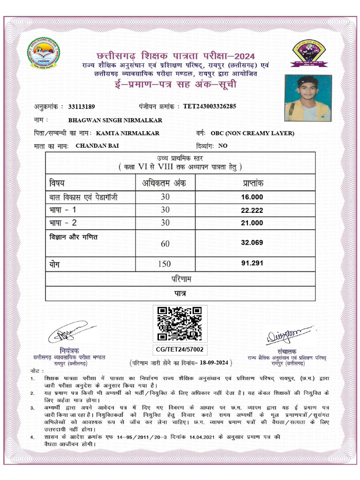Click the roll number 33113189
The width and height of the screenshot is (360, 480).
coord(82,106)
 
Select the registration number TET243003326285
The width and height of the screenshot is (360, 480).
coord(210,106)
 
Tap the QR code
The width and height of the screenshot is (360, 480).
coord(180,323)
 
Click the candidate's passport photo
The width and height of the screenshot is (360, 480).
coord(308,98)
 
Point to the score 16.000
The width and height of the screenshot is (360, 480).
coord(252,197)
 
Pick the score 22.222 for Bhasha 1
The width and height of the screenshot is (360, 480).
coord(252,210)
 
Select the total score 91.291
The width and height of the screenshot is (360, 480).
coord(252,263)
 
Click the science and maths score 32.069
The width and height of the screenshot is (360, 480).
coord(252,243)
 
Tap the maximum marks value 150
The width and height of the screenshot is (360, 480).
coord(165,264)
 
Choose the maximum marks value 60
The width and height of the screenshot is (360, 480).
coord(165,244)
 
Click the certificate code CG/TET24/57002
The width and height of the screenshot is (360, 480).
coord(180,350)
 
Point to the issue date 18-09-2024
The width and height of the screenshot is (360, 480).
coord(213,363)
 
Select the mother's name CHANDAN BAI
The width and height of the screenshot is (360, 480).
coord(97,146)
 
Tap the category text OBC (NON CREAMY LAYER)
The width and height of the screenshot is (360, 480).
coord(253,133)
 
